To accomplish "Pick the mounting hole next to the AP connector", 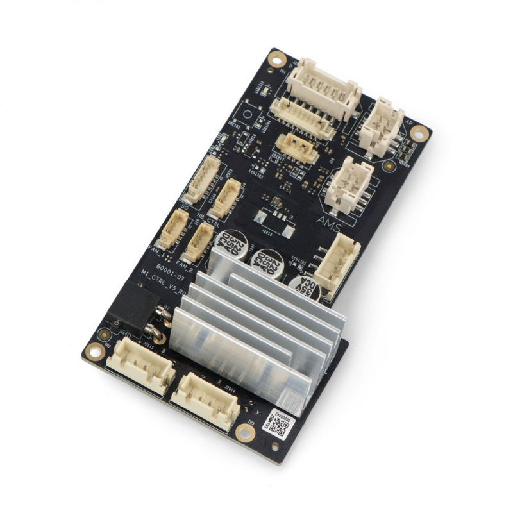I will (419, 133).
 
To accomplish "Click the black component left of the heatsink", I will (133, 303).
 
